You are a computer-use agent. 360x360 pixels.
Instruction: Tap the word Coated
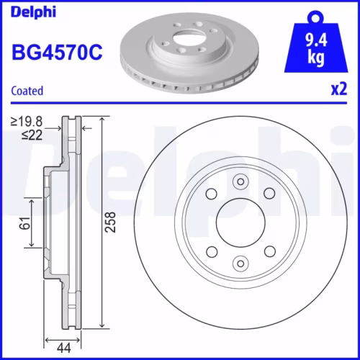[x=27, y=91]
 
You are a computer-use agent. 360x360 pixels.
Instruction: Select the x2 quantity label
[x=338, y=90]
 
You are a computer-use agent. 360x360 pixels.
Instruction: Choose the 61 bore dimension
[x=23, y=224]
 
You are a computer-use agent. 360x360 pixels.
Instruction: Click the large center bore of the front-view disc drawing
[x=241, y=222]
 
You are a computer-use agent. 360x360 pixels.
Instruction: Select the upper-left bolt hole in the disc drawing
[x=212, y=193]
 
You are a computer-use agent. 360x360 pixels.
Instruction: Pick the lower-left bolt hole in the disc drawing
[x=212, y=251]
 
